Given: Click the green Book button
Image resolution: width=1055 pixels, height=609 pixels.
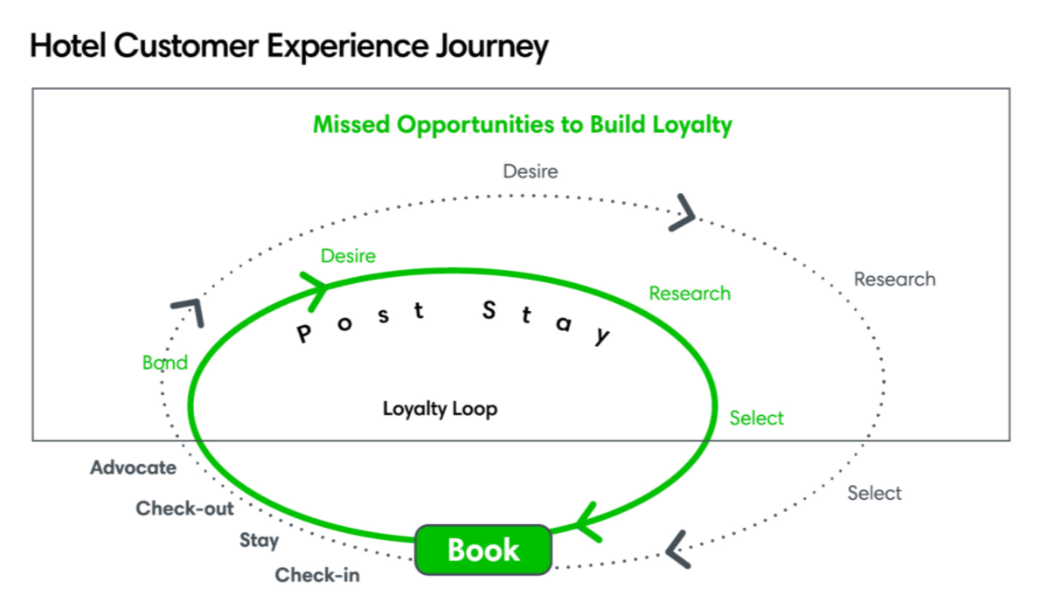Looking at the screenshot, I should pyautogui.click(x=482, y=550).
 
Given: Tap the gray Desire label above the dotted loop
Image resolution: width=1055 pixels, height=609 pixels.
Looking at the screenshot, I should pyautogui.click(x=530, y=171).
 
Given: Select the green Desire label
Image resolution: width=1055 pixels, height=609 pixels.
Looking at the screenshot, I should pyautogui.click(x=348, y=256).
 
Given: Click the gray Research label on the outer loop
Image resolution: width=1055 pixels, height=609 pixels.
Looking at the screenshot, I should pyautogui.click(x=894, y=280).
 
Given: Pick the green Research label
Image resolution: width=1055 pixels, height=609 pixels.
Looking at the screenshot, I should pyautogui.click(x=689, y=294).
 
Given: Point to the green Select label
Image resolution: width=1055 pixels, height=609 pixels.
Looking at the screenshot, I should pyautogui.click(x=756, y=419).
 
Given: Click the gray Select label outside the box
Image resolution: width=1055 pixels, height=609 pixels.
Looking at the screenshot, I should pyautogui.click(x=874, y=494).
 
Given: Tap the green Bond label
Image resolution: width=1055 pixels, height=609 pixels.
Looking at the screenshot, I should pyautogui.click(x=164, y=363).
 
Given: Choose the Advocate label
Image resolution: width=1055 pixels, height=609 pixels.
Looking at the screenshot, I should pyautogui.click(x=133, y=468).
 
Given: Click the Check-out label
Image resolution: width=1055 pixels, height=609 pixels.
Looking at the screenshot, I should pyautogui.click(x=184, y=509).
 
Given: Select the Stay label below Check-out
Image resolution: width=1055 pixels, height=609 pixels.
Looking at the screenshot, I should pyautogui.click(x=259, y=541).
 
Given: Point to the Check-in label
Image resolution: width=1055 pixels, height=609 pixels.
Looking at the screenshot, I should pyautogui.click(x=317, y=576).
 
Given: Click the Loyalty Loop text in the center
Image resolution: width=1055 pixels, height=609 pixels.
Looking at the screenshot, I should pyautogui.click(x=440, y=409).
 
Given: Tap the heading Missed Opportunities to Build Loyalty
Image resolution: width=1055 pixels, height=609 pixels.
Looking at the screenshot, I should pyautogui.click(x=522, y=124).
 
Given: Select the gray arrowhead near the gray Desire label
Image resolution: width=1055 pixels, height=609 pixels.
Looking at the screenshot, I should pyautogui.click(x=684, y=212).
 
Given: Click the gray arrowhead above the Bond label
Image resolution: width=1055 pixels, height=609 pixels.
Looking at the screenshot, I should pyautogui.click(x=189, y=310).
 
